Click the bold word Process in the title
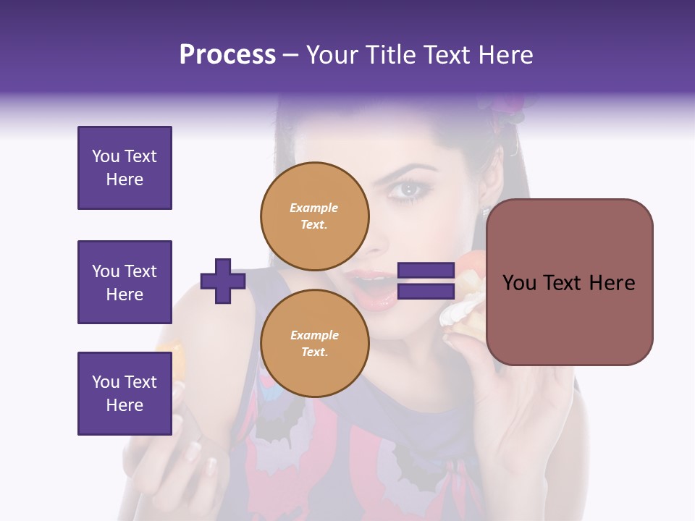(x=227, y=55)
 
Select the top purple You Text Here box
(x=125, y=168)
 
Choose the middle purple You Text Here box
(x=125, y=282)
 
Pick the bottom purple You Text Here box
(x=125, y=393)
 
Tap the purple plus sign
(x=223, y=281)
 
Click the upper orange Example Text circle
(x=315, y=216)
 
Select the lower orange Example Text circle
(x=315, y=343)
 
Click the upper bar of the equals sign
(x=426, y=271)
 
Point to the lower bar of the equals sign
(x=426, y=292)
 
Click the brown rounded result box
(x=569, y=282)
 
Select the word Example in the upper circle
(x=314, y=208)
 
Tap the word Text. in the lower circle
(x=314, y=352)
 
